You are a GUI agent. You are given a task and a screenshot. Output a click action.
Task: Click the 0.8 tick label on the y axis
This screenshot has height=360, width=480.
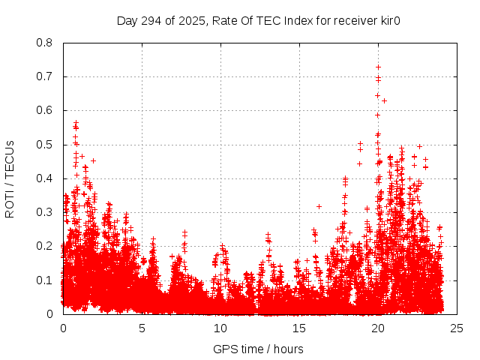(x=44, y=43)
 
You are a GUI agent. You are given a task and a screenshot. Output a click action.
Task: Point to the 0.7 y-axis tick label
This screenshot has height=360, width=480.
(x=44, y=76)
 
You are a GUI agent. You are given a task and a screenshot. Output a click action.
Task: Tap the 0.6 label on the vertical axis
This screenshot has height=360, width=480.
(x=44, y=110)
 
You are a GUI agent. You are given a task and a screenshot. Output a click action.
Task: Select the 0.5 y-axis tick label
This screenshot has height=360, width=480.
(x=44, y=145)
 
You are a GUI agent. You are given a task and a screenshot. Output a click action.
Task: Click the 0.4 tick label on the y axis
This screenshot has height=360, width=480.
(x=44, y=178)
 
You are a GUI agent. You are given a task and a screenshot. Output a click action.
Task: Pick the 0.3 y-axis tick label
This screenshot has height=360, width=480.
(x=44, y=212)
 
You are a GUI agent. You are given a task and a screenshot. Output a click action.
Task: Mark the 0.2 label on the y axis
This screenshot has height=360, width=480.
(x=44, y=246)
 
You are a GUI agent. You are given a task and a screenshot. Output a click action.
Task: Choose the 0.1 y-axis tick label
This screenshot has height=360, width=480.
(x=44, y=280)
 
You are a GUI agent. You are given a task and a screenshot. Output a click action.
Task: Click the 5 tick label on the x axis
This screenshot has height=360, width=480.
(x=142, y=328)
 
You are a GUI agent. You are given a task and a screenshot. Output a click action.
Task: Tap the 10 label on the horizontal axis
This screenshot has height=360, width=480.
(x=220, y=328)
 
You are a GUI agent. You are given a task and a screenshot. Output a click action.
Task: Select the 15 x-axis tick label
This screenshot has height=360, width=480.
(x=299, y=328)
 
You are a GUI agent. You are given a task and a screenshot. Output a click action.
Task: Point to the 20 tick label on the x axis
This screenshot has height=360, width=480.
(x=378, y=328)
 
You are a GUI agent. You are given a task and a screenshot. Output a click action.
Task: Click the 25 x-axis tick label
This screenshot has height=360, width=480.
(x=457, y=328)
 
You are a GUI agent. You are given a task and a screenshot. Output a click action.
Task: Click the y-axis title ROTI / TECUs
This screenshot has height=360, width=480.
(x=10, y=178)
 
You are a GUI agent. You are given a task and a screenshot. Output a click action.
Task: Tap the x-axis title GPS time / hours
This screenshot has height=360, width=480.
(x=259, y=349)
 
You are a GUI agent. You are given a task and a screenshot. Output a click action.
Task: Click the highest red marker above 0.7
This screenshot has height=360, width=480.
(x=378, y=67)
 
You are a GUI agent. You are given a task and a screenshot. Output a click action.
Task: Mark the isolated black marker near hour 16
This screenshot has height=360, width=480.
(x=319, y=206)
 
